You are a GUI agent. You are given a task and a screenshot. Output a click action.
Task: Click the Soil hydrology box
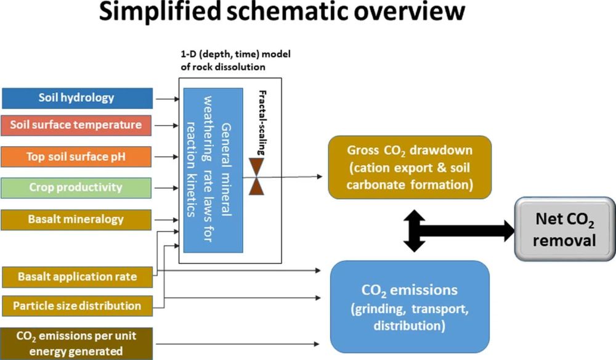pos(77,98)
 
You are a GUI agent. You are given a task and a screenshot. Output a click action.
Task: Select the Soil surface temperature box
pos(77,125)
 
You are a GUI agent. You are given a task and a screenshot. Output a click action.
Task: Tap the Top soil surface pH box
pos(77,157)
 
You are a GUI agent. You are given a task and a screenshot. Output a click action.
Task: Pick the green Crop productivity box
pos(77,187)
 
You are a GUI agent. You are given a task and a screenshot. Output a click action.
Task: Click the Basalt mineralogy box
pos(77,219)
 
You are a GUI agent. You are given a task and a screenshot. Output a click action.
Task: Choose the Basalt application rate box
pos(77,277)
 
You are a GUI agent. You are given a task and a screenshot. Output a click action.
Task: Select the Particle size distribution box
pos(77,305)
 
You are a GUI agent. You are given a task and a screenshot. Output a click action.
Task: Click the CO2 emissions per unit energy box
pos(77,343)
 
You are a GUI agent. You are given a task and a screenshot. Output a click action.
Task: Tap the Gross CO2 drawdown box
pos(410,167)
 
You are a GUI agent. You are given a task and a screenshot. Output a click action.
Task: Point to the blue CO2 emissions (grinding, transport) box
pos(410,306)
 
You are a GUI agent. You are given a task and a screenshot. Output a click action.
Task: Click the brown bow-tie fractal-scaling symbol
pos(256,176)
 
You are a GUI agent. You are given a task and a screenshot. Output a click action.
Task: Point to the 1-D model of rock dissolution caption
pos(232,60)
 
